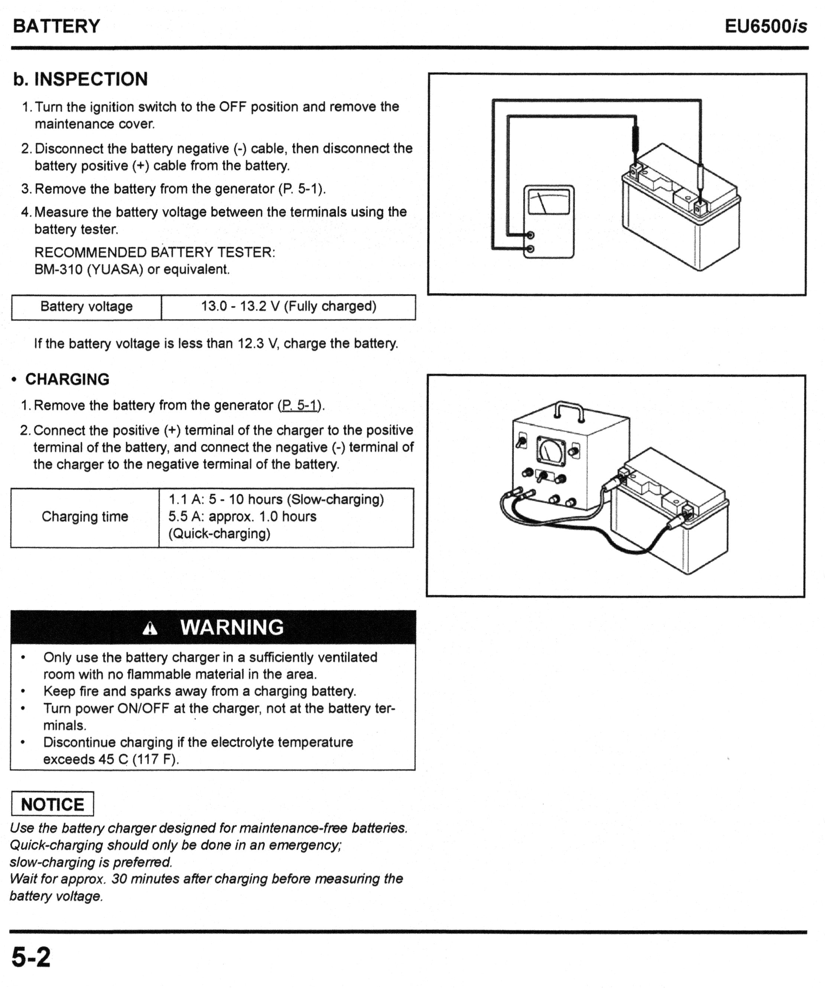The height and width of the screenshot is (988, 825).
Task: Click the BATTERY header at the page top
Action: pos(56,26)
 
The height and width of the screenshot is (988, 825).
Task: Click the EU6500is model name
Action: pos(765,26)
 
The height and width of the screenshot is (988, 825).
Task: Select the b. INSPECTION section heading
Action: pos(81,79)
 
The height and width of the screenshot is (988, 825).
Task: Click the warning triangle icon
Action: pos(150,629)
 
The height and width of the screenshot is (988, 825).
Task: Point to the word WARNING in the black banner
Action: pos(232,627)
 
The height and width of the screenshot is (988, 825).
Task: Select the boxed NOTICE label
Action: pos(52,805)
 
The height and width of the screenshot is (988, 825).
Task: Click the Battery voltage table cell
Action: pos(87,307)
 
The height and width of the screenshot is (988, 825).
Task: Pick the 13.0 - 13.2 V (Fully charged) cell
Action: pos(289,307)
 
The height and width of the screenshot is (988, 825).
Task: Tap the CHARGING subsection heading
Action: pos(67,379)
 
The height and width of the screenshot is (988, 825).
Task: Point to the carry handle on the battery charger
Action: pos(569,410)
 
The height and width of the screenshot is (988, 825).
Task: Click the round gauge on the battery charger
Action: pos(550,450)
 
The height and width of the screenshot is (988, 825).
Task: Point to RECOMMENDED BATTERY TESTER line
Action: pos(155,252)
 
